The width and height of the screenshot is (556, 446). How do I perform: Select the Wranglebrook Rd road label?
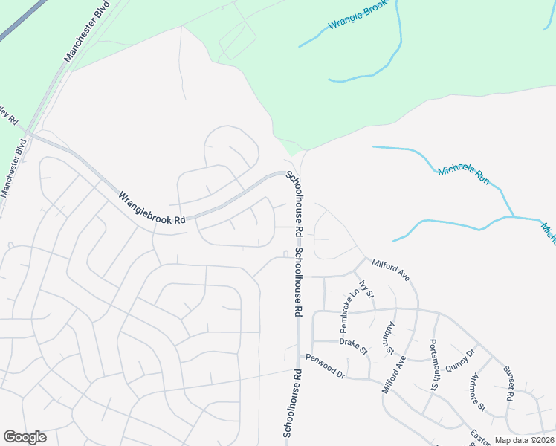[x=151, y=208]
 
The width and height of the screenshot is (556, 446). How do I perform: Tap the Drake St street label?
[x=353, y=346]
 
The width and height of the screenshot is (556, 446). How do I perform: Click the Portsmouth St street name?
[x=434, y=364]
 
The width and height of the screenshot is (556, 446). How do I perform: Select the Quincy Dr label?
[x=459, y=361]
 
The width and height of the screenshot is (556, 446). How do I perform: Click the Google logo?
[x=25, y=437]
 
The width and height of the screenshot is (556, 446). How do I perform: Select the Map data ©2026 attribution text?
[x=524, y=440]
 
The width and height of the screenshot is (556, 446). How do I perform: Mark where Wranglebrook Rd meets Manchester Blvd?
[x=30, y=135]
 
